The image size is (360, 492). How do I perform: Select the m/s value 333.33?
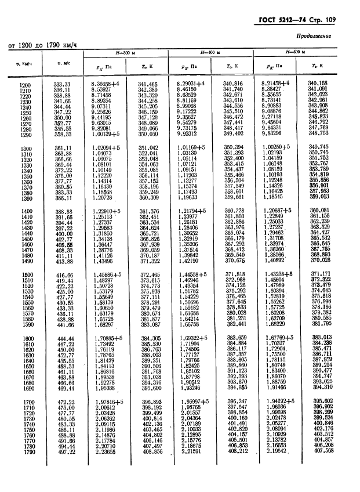coord(62,84)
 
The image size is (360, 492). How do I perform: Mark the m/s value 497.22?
coord(62,453)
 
